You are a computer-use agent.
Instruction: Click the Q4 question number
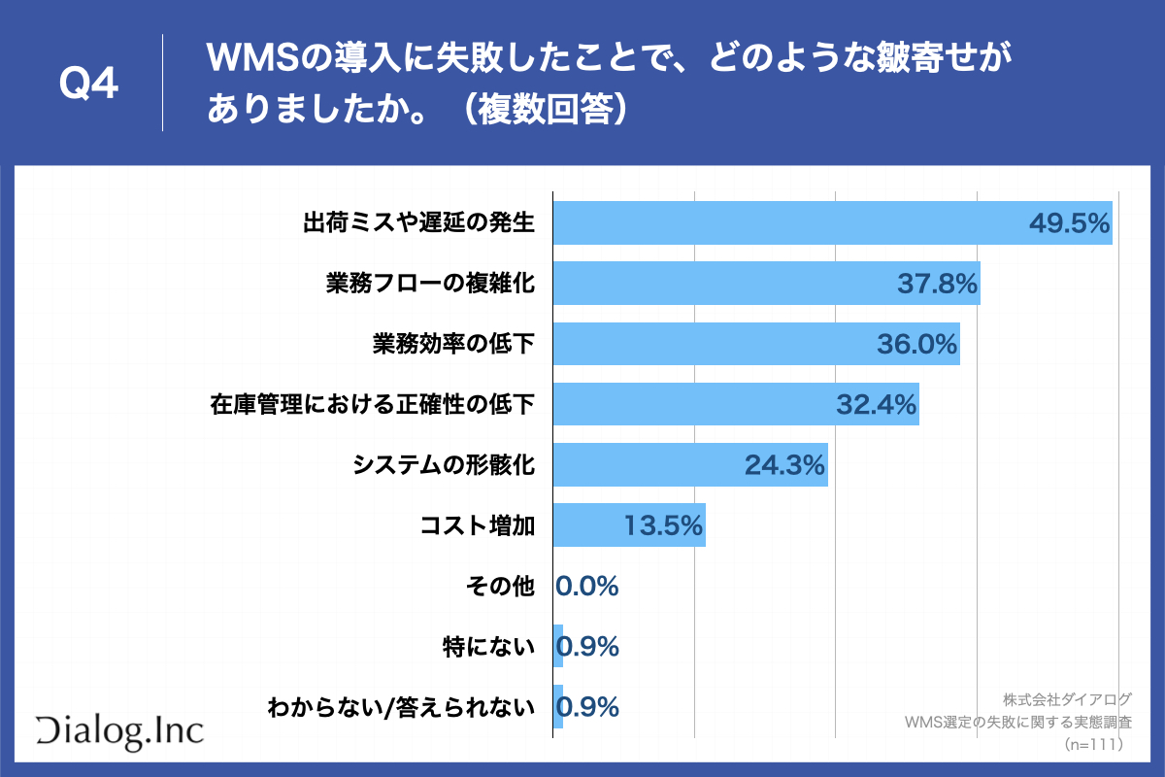(x=88, y=84)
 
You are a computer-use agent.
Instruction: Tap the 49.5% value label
(x=1069, y=224)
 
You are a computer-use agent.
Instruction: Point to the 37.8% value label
(x=937, y=284)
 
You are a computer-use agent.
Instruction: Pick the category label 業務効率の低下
(x=453, y=345)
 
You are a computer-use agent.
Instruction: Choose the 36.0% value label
(x=917, y=345)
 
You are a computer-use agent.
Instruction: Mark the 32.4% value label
(x=877, y=406)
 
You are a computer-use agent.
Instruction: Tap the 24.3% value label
(x=785, y=466)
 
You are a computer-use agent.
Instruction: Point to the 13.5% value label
(x=663, y=526)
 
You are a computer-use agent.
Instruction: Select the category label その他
(x=501, y=587)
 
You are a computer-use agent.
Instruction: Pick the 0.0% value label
(x=587, y=587)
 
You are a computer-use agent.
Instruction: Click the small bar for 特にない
(x=558, y=647)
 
